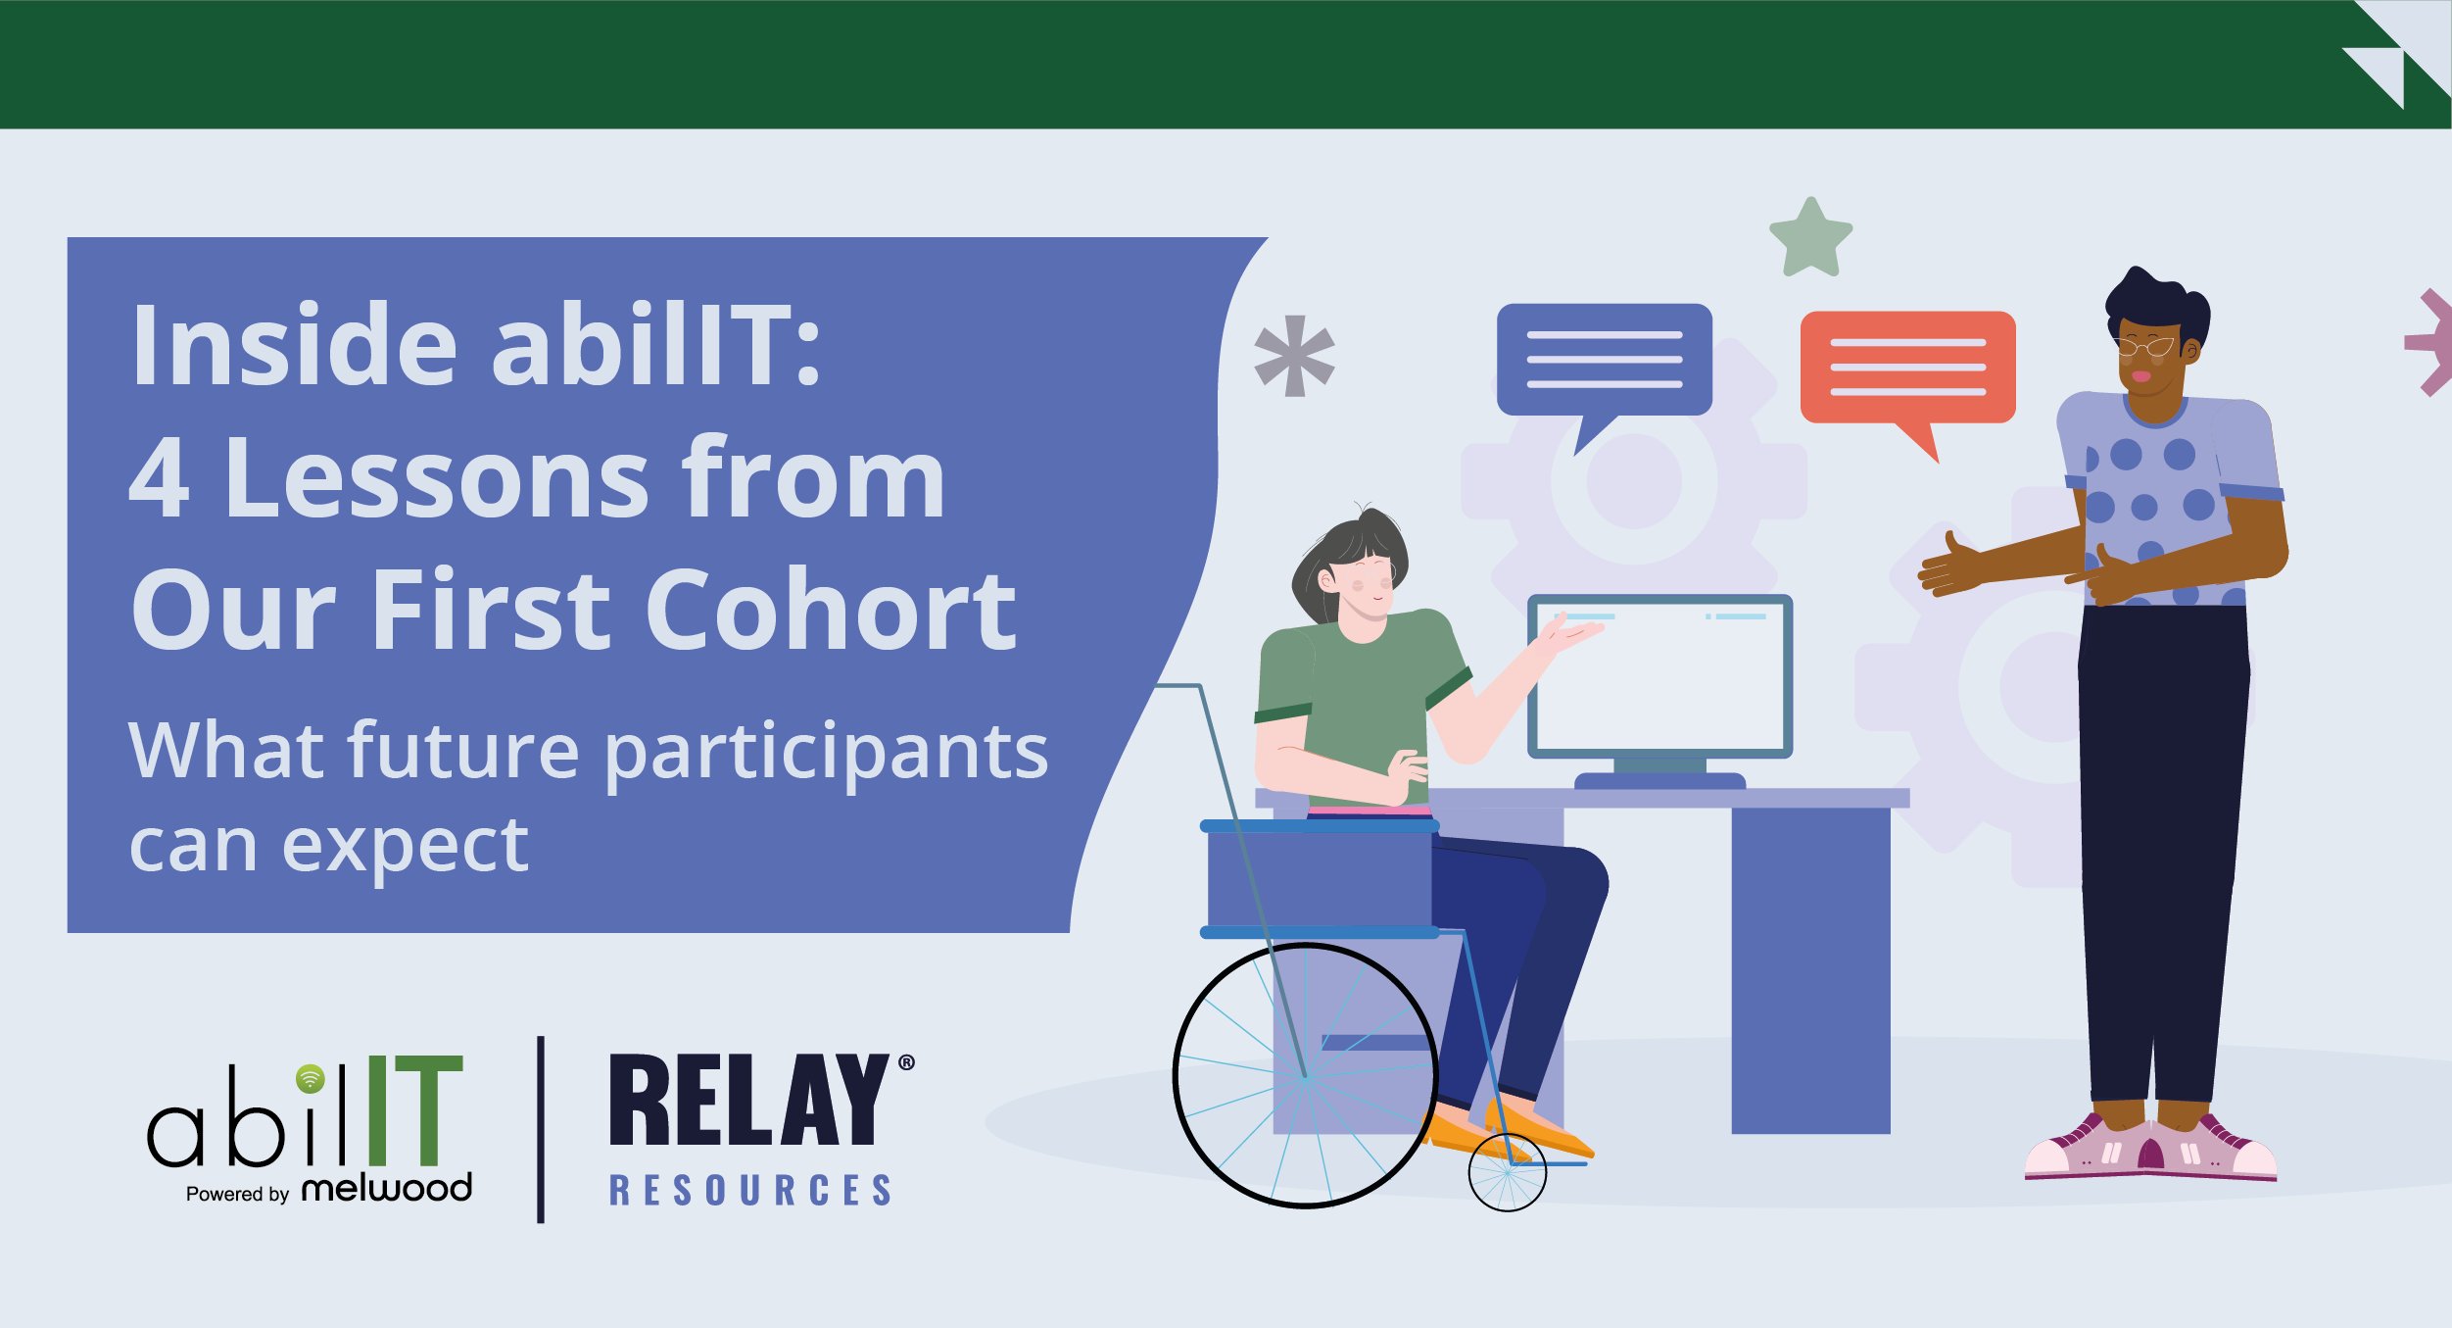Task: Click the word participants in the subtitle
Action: coord(826,753)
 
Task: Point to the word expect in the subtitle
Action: coord(405,846)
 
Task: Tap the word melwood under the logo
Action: coord(387,1189)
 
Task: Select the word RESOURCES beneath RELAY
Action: coord(750,1190)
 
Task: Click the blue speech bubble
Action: coord(1604,360)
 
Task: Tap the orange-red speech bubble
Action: coord(1907,368)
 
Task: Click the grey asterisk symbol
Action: coord(1294,356)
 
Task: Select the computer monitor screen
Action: coord(1659,676)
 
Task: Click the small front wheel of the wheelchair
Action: coord(1507,1172)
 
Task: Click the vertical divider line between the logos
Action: coord(541,1129)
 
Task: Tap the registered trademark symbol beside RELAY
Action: coord(906,1062)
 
